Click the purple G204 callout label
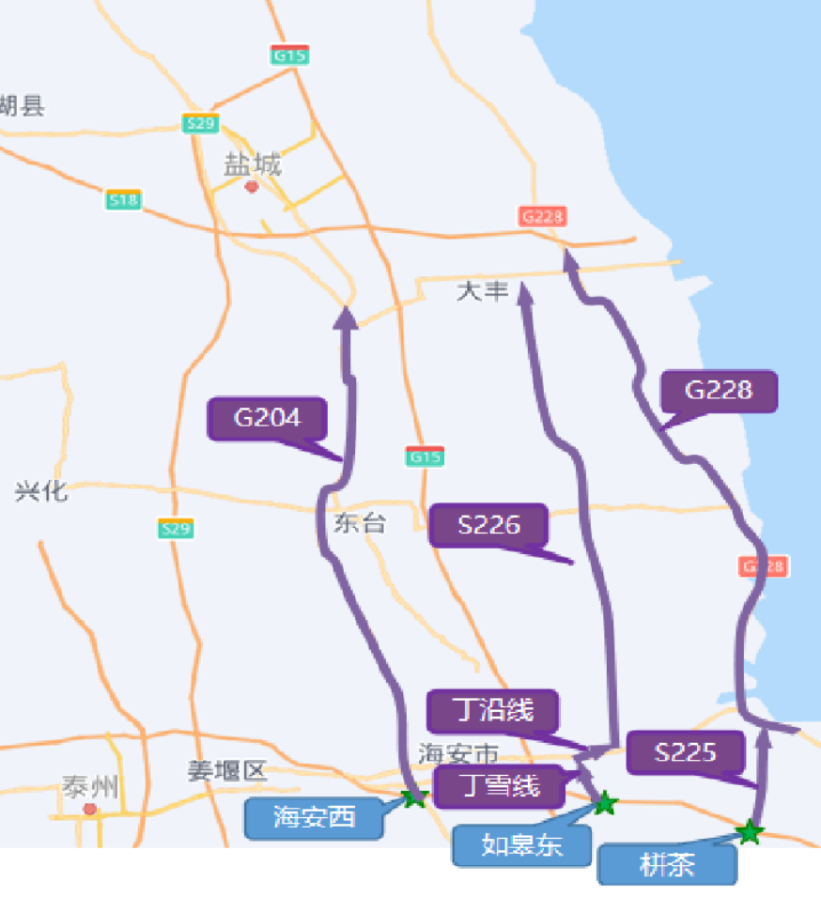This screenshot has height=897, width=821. point(267,418)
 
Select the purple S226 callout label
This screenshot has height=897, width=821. point(488,525)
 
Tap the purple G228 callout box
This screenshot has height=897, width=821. point(719,391)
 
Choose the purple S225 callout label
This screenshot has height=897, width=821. point(686,751)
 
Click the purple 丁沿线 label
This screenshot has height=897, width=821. point(492,710)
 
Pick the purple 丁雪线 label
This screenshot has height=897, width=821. point(499,785)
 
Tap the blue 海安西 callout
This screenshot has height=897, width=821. point(315,817)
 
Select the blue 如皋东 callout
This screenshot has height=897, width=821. point(522,844)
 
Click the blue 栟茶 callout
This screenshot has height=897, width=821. point(667,865)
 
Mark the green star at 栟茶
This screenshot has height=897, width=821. point(749,831)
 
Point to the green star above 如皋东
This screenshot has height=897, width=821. point(606,803)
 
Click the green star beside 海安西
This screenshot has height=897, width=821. point(413,798)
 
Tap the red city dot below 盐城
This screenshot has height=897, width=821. point(251,186)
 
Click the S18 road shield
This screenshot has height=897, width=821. point(123,199)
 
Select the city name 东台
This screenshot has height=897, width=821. point(359,523)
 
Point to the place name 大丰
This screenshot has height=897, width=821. point(482,291)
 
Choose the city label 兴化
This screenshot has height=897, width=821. point(41,490)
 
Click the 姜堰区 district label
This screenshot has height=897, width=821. point(226,772)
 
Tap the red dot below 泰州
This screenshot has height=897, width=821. point(89,809)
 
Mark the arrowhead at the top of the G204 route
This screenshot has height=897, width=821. point(346,317)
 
